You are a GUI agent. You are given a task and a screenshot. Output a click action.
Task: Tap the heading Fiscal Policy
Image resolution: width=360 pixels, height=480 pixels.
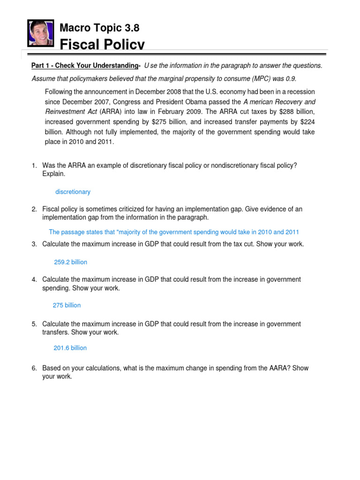coord(102,45)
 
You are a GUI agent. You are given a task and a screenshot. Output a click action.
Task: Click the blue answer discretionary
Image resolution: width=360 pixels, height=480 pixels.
coord(73,192)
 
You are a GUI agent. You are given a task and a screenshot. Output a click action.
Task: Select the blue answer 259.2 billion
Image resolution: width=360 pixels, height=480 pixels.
coord(70,262)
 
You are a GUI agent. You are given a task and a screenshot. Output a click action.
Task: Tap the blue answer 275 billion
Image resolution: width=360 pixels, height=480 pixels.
coord(67,305)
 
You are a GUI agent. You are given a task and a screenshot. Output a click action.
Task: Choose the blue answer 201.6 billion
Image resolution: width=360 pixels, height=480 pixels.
coord(70,348)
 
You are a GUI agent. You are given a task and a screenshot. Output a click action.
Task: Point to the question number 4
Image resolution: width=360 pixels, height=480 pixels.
coord(34,279)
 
